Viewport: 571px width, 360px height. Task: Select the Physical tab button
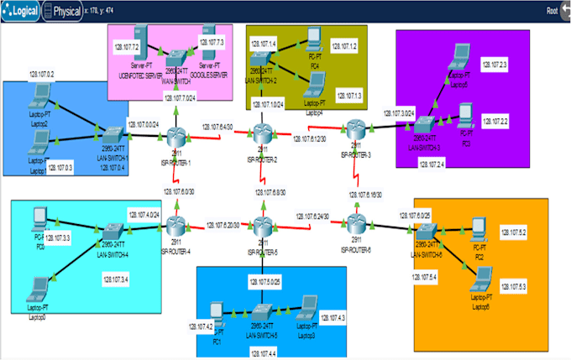(x=62, y=11)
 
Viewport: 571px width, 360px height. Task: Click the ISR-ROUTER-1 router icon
(x=177, y=134)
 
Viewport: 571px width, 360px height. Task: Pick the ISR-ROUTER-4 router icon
(x=177, y=225)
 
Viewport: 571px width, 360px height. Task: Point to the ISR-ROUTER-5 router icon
(x=264, y=225)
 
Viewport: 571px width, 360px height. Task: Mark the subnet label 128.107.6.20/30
(x=223, y=224)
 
